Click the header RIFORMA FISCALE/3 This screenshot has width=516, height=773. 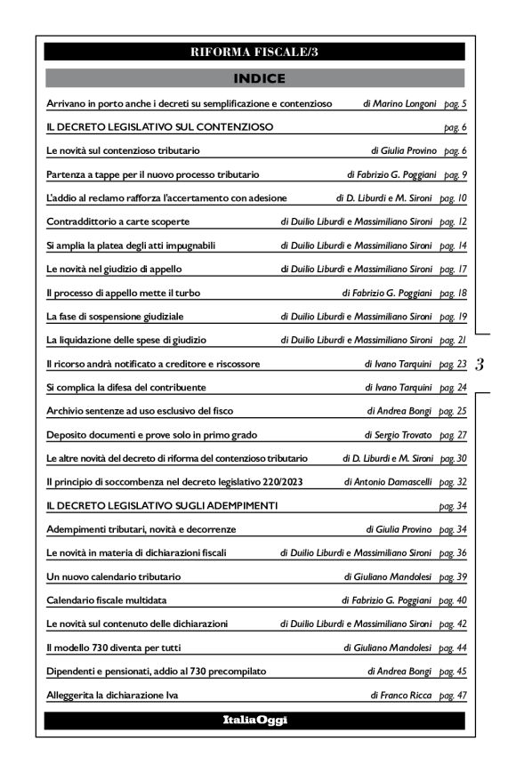click(x=254, y=52)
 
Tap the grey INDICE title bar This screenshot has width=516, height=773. click(x=254, y=78)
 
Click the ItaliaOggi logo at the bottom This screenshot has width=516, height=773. click(x=254, y=720)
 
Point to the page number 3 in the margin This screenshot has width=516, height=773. click(x=480, y=364)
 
